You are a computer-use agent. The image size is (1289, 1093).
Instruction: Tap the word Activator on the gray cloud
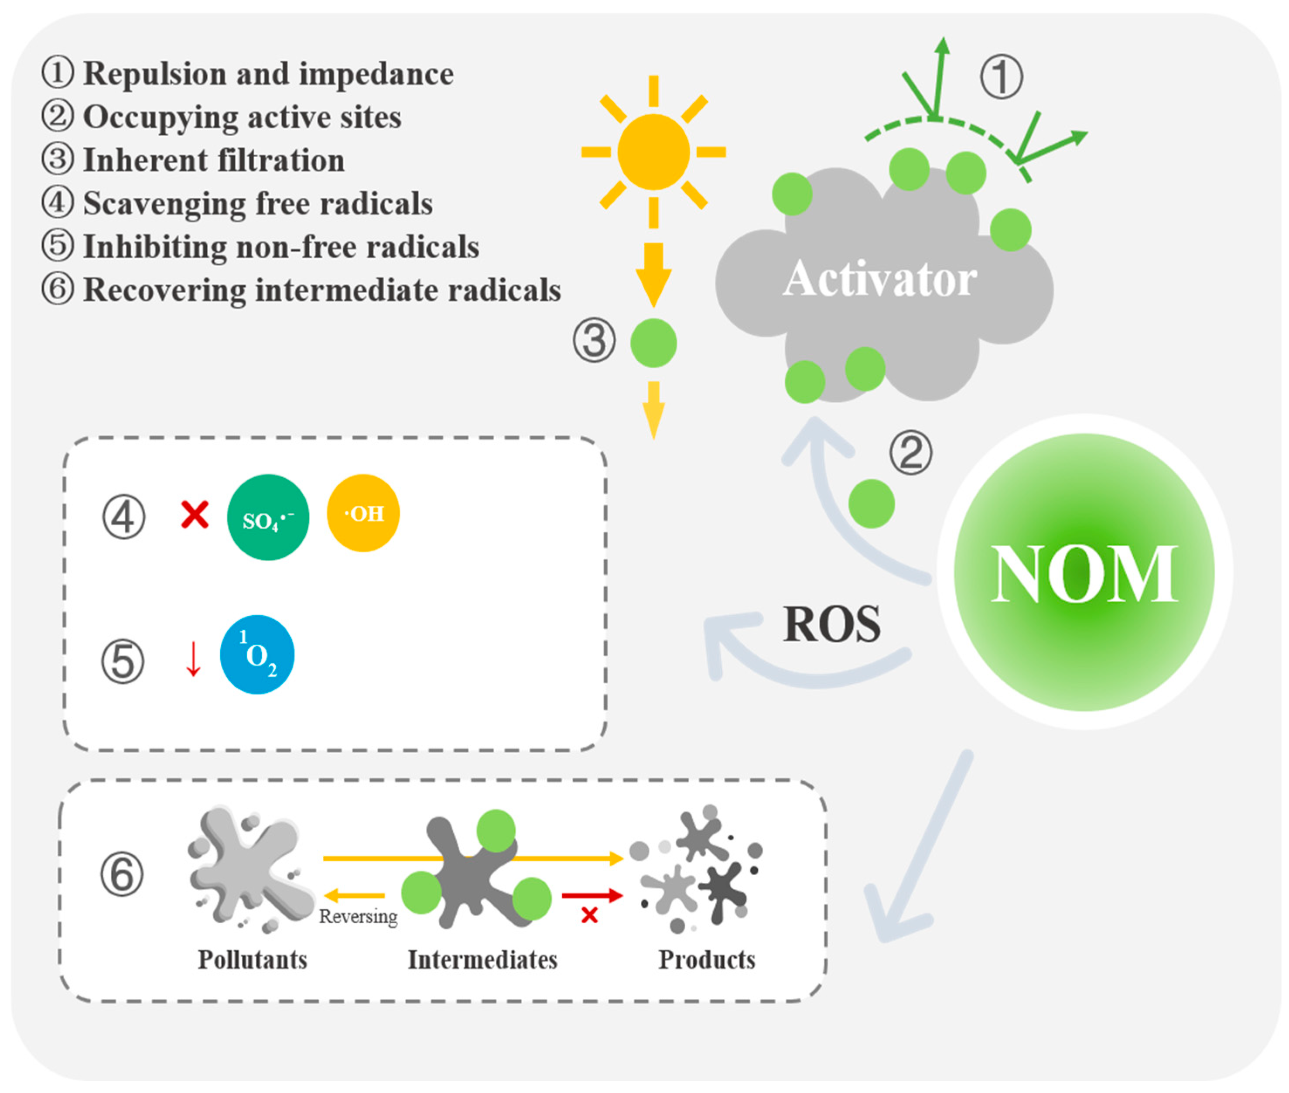[x=879, y=280]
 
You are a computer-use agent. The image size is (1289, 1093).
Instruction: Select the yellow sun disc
[x=653, y=152]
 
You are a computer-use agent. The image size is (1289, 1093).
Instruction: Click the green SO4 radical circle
[x=267, y=518]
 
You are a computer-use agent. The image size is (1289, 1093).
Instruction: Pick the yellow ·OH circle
[x=363, y=513]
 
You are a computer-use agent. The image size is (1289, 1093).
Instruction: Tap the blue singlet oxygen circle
[x=257, y=654]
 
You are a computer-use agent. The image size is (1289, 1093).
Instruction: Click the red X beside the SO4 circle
[x=195, y=514]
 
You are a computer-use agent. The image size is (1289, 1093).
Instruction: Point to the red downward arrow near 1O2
[x=193, y=659]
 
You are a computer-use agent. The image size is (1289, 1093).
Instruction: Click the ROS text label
[x=831, y=624]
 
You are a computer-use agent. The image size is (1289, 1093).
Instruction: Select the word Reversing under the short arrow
[x=358, y=916]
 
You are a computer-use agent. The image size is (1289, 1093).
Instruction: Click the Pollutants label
[x=252, y=960]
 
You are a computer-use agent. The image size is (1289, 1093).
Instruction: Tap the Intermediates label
[x=482, y=960]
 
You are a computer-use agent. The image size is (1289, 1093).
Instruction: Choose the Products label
[x=706, y=960]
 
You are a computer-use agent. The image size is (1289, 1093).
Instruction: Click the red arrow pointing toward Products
[x=592, y=895]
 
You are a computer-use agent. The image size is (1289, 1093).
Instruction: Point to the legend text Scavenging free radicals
[x=258, y=204]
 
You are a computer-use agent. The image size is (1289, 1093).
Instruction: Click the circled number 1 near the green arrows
[x=1001, y=77]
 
